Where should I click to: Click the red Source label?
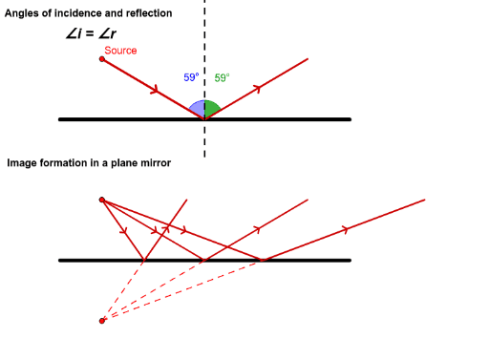click(120, 50)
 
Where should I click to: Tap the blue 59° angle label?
click(191, 78)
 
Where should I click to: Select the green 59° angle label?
click(222, 78)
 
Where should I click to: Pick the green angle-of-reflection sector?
click(212, 108)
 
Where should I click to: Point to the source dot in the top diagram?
click(102, 59)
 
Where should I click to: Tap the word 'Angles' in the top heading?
click(25, 13)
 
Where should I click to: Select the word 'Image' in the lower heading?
click(22, 163)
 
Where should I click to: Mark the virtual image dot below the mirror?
click(102, 320)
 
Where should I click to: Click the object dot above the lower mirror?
click(102, 200)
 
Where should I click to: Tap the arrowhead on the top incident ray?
click(155, 92)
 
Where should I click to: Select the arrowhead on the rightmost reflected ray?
click(347, 229)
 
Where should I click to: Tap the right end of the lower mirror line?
click(349, 260)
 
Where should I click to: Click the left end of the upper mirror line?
click(60, 119)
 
